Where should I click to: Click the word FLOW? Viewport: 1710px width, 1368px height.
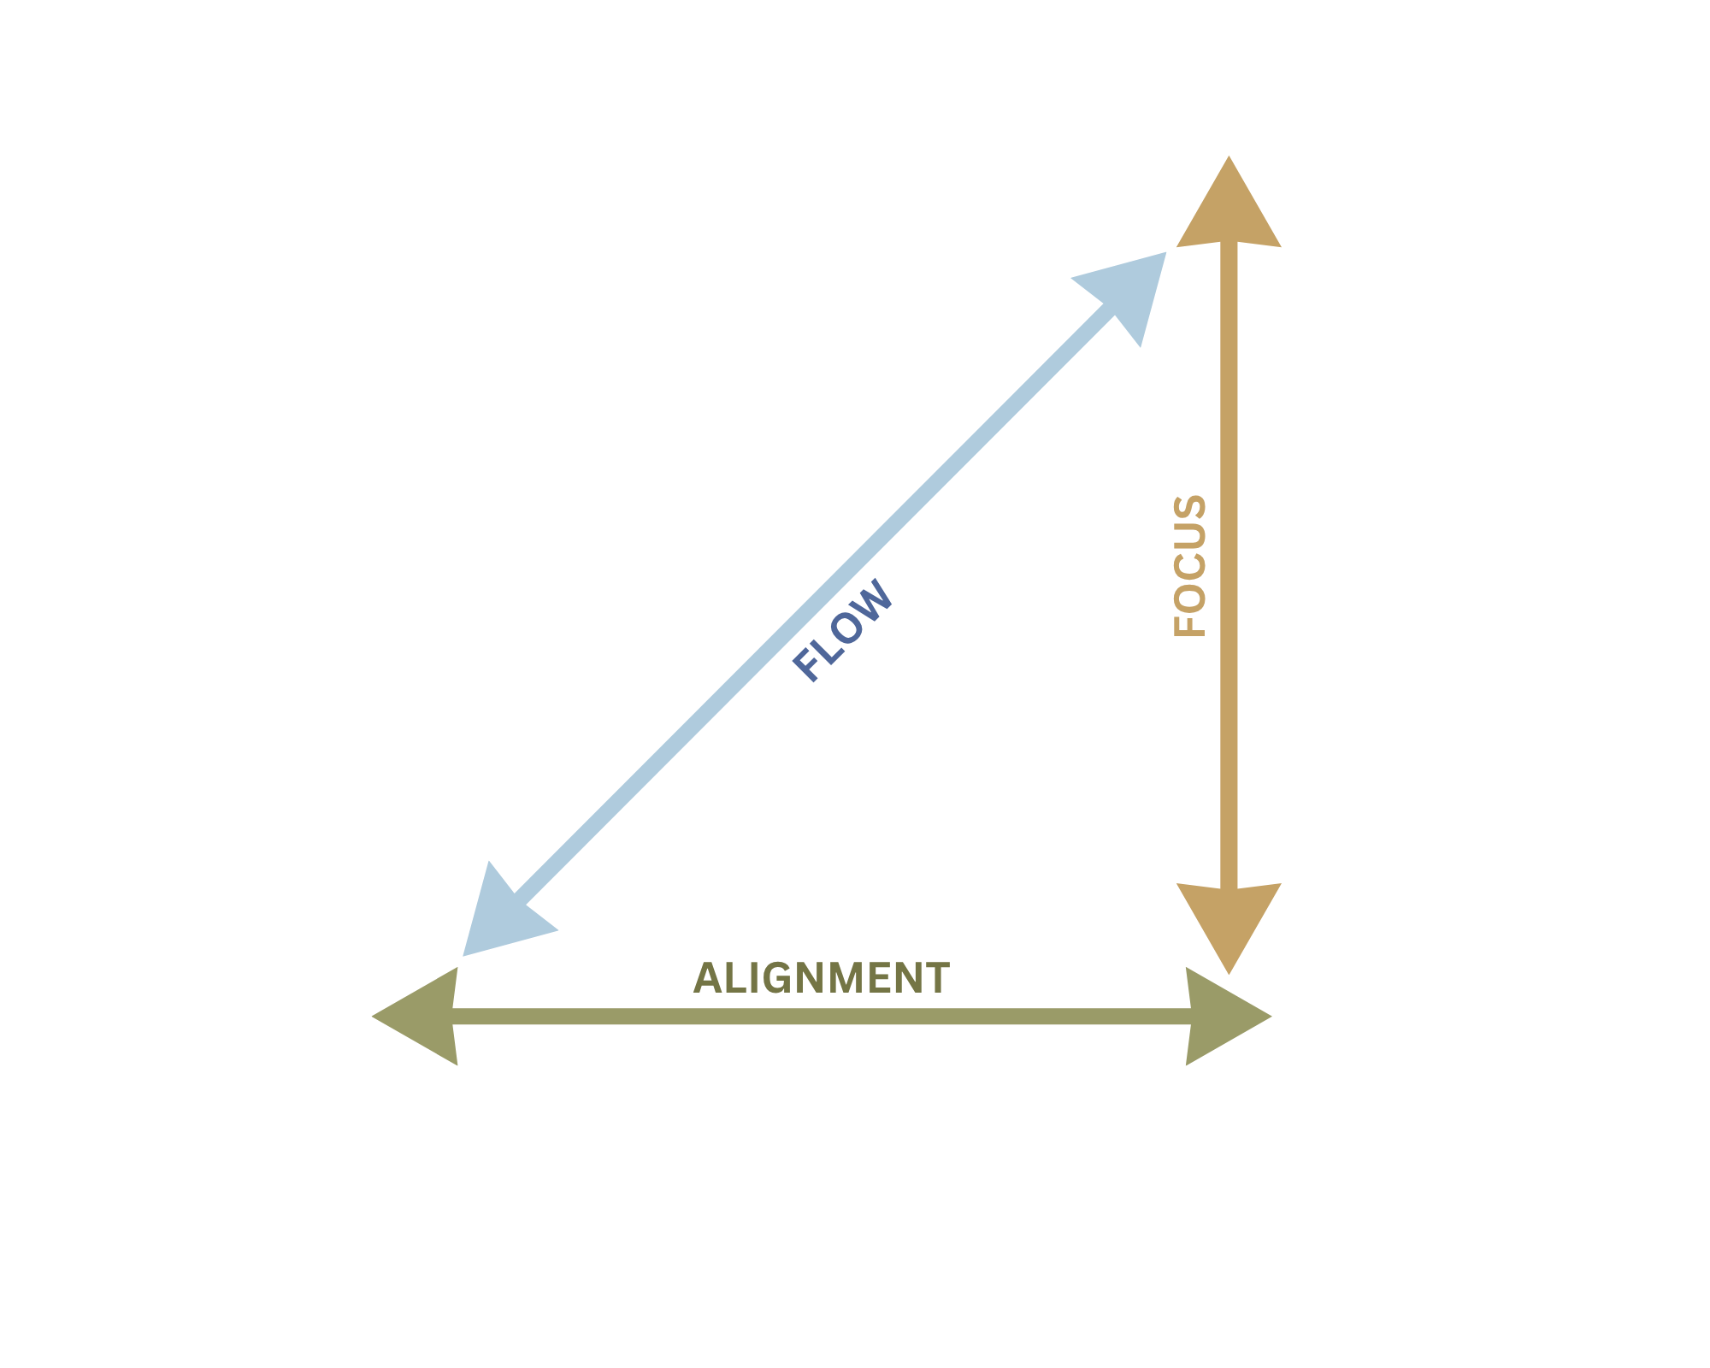click(843, 630)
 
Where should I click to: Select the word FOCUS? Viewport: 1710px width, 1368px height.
click(1189, 565)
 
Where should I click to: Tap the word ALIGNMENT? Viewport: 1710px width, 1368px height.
click(821, 978)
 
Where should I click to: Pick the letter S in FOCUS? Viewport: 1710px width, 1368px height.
click(1189, 511)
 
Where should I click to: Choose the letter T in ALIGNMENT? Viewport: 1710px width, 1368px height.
click(936, 978)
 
